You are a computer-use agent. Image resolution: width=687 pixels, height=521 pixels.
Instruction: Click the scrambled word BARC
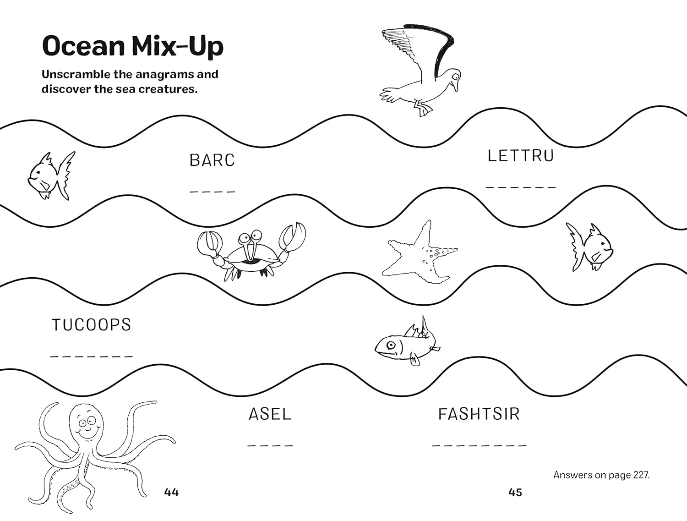(212, 160)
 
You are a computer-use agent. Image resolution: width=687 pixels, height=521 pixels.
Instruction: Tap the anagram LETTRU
(520, 156)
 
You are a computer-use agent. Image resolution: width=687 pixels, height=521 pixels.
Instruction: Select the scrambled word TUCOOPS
(91, 325)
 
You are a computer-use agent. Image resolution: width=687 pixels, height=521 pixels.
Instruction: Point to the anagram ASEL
(270, 414)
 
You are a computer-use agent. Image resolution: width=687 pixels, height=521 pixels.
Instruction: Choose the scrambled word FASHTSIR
(479, 414)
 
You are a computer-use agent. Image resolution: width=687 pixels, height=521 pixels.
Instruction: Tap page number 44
(171, 492)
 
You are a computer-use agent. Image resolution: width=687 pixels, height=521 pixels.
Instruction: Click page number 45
(515, 492)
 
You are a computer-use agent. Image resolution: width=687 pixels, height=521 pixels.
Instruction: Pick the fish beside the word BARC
(49, 175)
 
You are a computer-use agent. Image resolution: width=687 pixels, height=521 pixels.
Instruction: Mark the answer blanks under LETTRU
(521, 187)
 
